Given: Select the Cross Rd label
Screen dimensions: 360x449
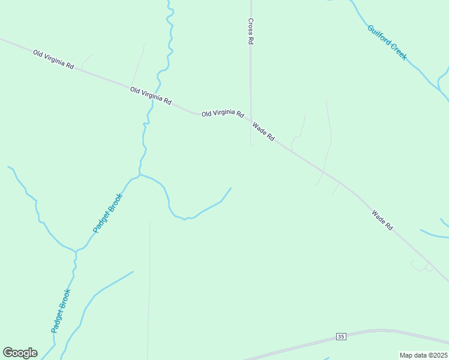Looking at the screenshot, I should pyautogui.click(x=250, y=31).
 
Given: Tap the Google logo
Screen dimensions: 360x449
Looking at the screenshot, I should pyautogui.click(x=20, y=353).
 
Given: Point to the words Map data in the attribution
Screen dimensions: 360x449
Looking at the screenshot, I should pyautogui.click(x=412, y=355).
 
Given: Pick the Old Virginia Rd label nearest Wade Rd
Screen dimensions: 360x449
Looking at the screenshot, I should pyautogui.click(x=223, y=113).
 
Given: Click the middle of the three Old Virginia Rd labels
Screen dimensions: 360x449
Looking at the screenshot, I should pyautogui.click(x=151, y=96).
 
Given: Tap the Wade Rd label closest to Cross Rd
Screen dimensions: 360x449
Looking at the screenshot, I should pyautogui.click(x=264, y=131).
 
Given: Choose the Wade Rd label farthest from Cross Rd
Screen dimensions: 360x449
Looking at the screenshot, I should pyautogui.click(x=382, y=220).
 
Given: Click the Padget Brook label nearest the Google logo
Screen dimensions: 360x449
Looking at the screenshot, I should pyautogui.click(x=61, y=311).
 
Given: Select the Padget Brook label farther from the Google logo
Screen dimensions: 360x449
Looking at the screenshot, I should pyautogui.click(x=108, y=213).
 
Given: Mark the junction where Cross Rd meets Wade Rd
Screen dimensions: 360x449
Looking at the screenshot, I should pyautogui.click(x=251, y=120).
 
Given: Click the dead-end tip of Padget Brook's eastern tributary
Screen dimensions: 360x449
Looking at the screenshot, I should pyautogui.click(x=231, y=188).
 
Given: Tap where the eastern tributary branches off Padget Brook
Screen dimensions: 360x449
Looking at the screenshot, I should pyautogui.click(x=140, y=175).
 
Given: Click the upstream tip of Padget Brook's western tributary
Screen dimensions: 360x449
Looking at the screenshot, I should pyautogui.click(x=8, y=167).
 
